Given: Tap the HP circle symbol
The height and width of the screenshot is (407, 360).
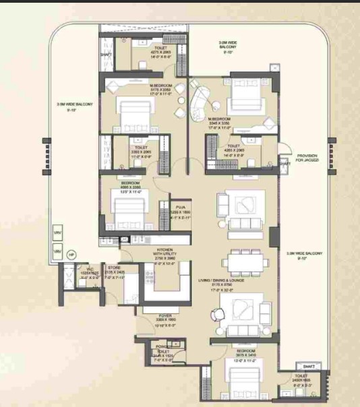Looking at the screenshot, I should pyautogui.click(x=71, y=255).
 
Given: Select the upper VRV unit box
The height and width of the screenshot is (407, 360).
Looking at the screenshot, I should pyautogui.click(x=57, y=232).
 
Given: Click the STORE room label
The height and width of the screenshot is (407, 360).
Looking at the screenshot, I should pyautogui.click(x=113, y=268).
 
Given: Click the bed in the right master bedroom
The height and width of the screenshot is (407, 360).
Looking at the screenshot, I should pyautogui.click(x=244, y=98).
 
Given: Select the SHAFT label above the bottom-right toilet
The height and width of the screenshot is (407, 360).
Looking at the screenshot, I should pyautogui.click(x=309, y=366).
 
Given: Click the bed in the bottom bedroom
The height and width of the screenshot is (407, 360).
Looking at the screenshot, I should pyautogui.click(x=243, y=384).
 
